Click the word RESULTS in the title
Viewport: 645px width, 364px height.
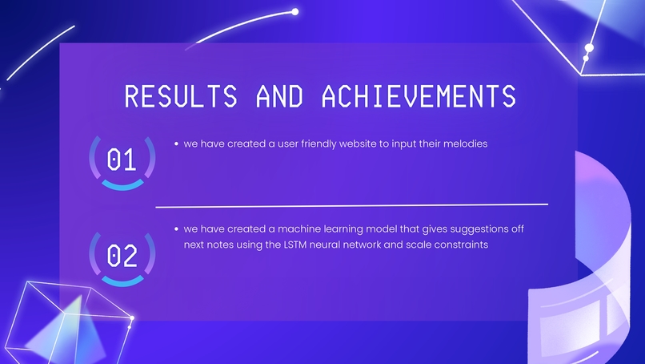point(181,95)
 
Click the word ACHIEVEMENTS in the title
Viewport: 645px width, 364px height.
point(419,95)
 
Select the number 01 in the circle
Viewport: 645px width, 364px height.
point(122,161)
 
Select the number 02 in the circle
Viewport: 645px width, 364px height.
point(122,257)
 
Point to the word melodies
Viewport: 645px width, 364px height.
point(465,144)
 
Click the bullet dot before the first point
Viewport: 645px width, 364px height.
point(175,144)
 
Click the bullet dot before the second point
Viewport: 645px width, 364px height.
point(175,229)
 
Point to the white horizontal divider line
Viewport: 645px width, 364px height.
point(352,205)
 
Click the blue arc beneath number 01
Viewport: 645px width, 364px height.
point(122,187)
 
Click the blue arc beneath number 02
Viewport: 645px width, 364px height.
point(122,282)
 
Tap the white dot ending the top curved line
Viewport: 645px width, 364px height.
point(295,11)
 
